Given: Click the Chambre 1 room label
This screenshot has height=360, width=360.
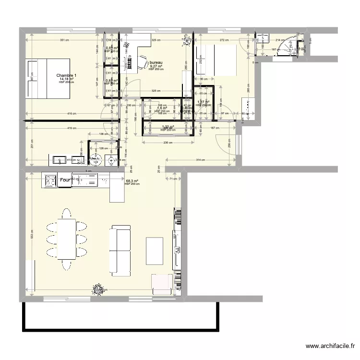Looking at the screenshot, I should click(66, 75).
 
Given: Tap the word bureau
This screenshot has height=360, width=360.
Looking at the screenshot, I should click(156, 63).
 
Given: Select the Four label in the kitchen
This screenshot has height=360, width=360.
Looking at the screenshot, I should click(65, 180).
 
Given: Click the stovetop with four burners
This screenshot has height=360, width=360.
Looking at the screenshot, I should click(50, 180).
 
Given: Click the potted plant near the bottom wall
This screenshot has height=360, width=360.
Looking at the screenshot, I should click(99, 288).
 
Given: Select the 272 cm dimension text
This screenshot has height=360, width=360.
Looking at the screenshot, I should click(221, 41).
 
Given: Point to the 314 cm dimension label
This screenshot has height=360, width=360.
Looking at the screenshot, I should click(201, 160).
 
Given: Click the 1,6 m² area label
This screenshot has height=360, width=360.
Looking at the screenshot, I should click(162, 108).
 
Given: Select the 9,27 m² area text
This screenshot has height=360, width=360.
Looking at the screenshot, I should click(156, 67).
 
